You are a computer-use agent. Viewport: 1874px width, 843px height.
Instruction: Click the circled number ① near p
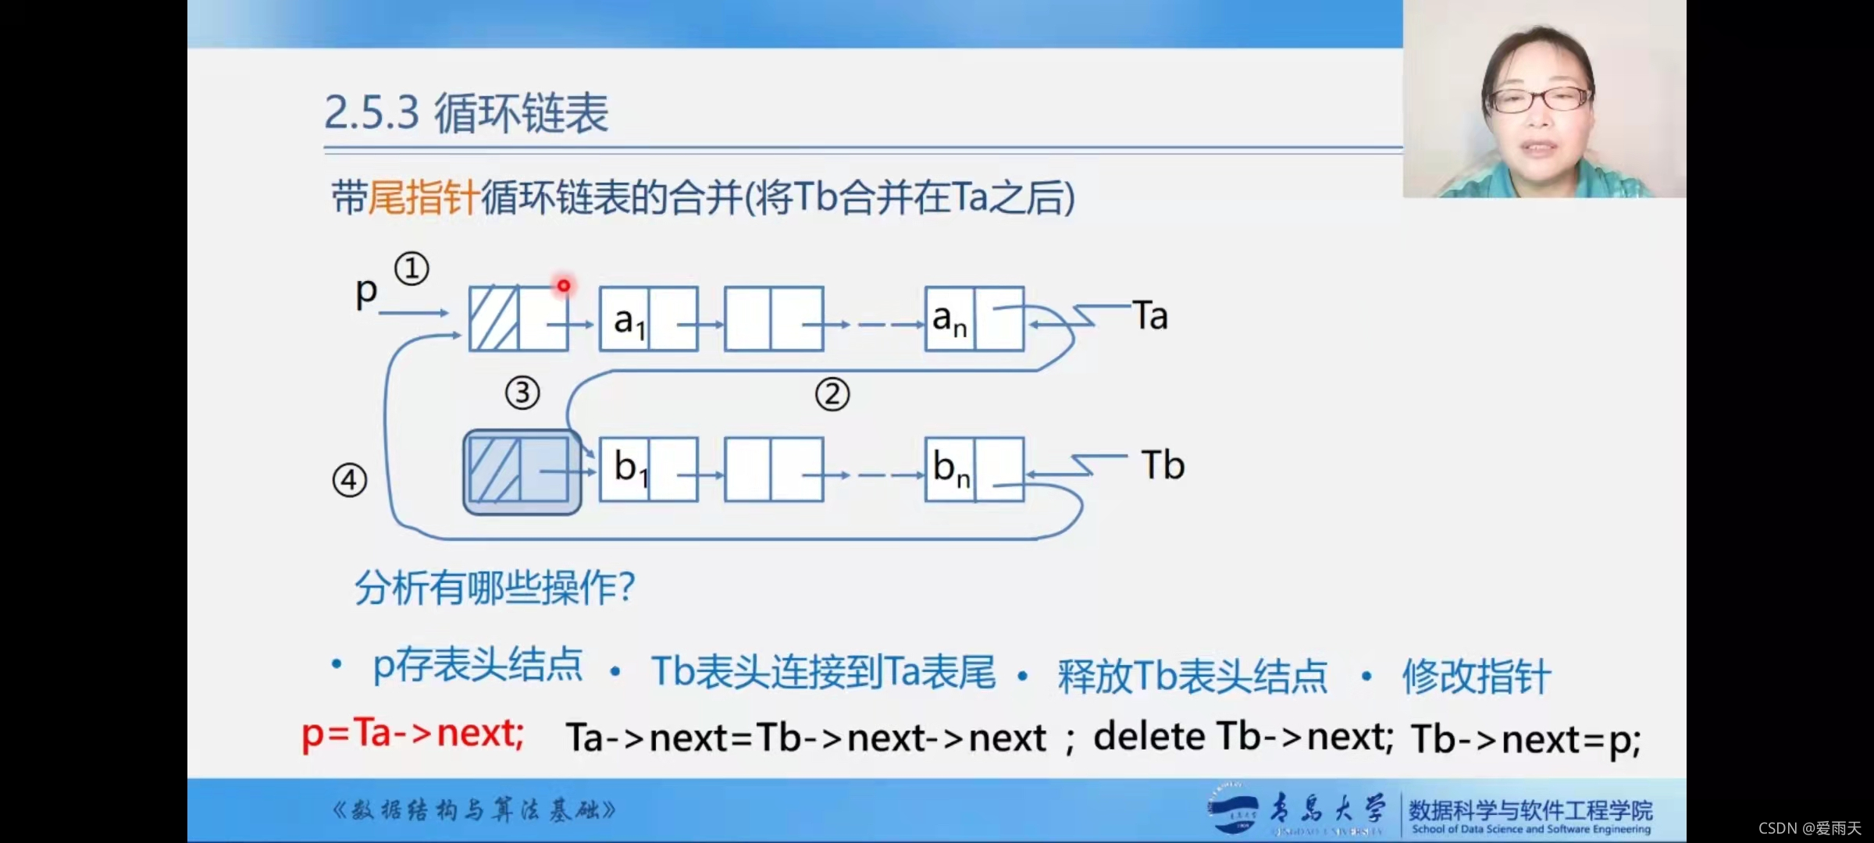411,269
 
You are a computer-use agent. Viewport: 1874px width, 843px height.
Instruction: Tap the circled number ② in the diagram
832,394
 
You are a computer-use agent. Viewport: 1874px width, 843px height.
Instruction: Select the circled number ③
522,393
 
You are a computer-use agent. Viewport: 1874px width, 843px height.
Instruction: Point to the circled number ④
349,480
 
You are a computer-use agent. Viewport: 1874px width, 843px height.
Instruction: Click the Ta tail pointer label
1150,316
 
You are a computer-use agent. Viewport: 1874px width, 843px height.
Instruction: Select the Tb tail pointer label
1163,465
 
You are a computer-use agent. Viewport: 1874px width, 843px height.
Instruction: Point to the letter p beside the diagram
366,293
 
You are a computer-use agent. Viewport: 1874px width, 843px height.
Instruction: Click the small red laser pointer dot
563,286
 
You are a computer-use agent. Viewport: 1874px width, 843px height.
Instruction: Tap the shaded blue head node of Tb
522,471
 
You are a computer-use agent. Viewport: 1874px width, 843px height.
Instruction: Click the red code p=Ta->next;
413,734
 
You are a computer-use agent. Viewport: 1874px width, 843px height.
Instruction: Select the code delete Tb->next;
1243,736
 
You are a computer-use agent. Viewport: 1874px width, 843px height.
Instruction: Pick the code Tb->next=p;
1526,739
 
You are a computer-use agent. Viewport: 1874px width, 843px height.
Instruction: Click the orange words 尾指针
423,197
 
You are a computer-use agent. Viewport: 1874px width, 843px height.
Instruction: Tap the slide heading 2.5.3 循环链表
466,114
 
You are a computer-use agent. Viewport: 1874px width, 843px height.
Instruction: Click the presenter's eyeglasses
1539,99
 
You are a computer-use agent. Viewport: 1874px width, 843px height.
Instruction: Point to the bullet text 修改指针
1477,675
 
